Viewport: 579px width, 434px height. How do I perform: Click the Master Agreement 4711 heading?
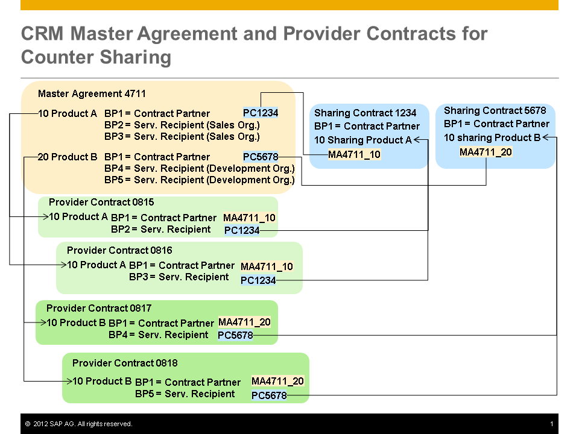click(92, 93)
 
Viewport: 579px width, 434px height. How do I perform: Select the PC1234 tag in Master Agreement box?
click(261, 113)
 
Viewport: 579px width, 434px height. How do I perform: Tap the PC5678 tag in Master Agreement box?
click(261, 157)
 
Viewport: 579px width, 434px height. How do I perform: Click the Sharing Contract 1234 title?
click(365, 113)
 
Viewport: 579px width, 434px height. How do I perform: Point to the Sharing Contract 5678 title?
click(495, 110)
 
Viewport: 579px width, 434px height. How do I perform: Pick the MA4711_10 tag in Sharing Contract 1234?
click(354, 154)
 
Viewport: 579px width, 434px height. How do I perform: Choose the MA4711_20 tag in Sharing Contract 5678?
click(486, 152)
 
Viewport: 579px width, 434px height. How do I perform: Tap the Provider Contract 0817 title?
click(99, 308)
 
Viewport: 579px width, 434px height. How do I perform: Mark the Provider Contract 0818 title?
click(125, 363)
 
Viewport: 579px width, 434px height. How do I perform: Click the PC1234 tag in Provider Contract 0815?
click(241, 230)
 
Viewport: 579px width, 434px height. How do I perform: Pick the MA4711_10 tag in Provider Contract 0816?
click(267, 266)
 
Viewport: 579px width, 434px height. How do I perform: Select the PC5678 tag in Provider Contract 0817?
click(235, 335)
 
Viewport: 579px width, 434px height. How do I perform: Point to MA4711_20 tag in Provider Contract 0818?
click(277, 381)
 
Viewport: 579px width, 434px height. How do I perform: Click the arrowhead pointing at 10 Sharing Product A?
click(417, 140)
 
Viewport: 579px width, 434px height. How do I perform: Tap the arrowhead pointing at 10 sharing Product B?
click(546, 137)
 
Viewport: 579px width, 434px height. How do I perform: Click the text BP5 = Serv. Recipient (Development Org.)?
click(200, 180)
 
